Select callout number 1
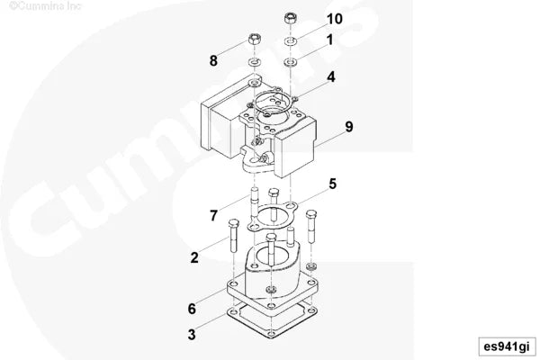point(330,40)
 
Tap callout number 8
point(213,61)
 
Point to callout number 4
point(331,77)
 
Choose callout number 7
point(213,215)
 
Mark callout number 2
point(193,258)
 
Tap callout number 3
point(191,335)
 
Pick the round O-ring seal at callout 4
point(274,95)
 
